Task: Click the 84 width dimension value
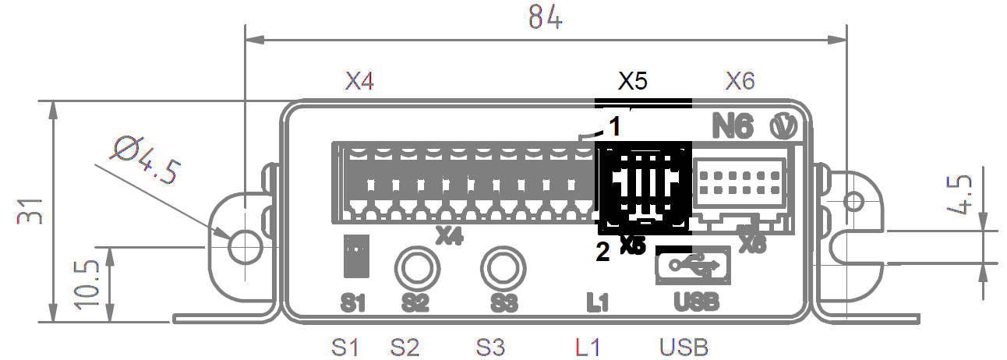[545, 17]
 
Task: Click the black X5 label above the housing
[633, 81]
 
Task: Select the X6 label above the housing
[740, 81]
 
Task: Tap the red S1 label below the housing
[344, 347]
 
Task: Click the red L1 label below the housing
[588, 347]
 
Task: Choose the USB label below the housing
[684, 347]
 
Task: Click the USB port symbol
[693, 266]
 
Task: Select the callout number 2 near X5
[602, 252]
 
